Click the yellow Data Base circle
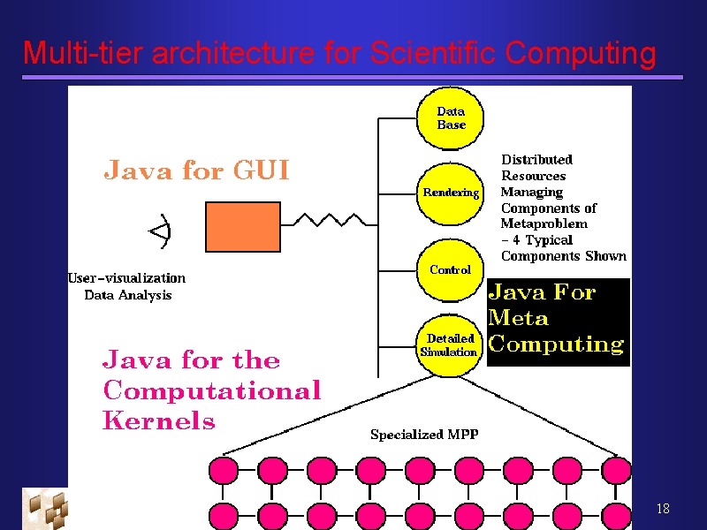[x=450, y=118]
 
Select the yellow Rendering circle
[x=450, y=193]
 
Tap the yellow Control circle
[x=450, y=270]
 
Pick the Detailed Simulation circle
[x=449, y=345]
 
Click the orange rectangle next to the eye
[x=243, y=227]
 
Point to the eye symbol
[x=161, y=231]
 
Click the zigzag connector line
[x=329, y=220]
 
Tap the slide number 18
[x=663, y=509]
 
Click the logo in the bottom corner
[x=45, y=509]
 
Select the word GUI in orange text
[x=261, y=170]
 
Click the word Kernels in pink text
[x=159, y=420]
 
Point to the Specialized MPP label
[x=424, y=435]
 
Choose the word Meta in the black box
[x=518, y=317]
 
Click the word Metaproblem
[x=544, y=223]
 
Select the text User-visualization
[x=126, y=278]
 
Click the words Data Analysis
[x=128, y=295]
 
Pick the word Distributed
[x=537, y=160]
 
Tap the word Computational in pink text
[x=211, y=390]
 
